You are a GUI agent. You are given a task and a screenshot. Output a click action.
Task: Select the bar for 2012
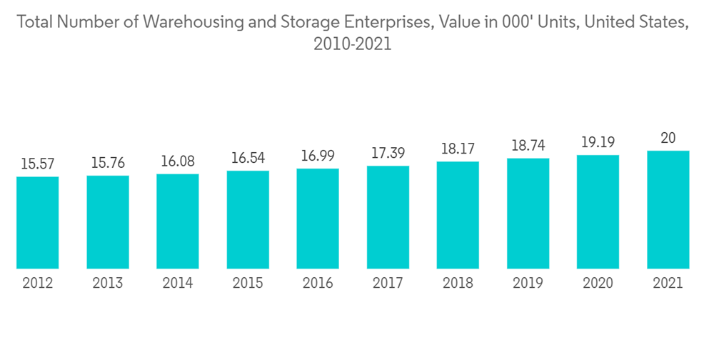point(38,223)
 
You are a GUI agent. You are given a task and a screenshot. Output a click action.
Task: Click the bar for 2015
point(248,220)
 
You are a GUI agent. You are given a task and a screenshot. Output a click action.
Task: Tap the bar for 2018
point(458,216)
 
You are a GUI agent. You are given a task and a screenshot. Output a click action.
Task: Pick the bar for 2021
point(668,210)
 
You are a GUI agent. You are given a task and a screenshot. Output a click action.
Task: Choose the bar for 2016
point(318,219)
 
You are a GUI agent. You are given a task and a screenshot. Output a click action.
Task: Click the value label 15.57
point(38,164)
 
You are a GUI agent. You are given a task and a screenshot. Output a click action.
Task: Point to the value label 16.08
point(178,161)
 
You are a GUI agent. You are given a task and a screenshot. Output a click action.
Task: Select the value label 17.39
point(388,154)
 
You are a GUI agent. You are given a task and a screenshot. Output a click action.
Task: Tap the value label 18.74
point(528,146)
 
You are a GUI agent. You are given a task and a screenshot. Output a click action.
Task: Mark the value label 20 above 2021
point(668,138)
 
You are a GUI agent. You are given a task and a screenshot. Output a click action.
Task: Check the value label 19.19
point(598,143)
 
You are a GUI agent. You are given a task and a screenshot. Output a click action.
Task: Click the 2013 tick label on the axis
point(108,284)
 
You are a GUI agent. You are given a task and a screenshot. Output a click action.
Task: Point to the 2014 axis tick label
point(178,284)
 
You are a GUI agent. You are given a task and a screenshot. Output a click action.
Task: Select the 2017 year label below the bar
point(388,284)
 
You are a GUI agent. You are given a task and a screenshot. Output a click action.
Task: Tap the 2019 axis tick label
point(528,284)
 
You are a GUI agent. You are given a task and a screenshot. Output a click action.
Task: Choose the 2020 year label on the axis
point(598,284)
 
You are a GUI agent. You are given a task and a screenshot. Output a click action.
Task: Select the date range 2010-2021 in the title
point(353,44)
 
